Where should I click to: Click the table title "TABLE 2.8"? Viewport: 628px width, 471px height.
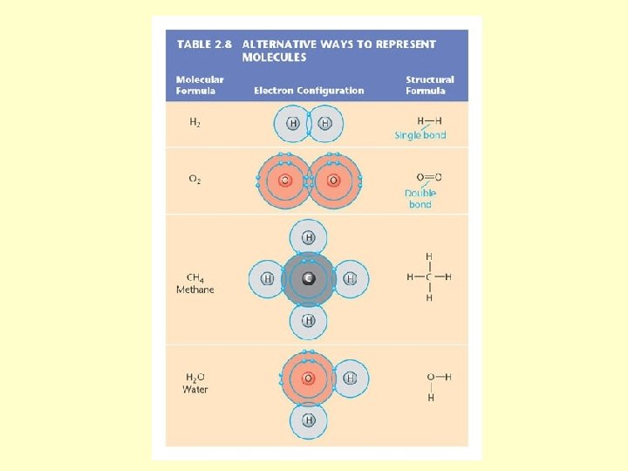[x=206, y=44]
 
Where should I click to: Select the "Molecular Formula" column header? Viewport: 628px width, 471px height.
[x=201, y=85]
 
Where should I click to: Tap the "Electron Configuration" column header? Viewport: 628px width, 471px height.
[x=309, y=90]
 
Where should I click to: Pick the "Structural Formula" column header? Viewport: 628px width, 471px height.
[x=429, y=85]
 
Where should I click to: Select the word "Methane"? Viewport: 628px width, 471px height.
[x=195, y=290]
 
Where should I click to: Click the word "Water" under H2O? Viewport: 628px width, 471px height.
[x=195, y=389]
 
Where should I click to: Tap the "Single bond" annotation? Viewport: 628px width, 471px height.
[x=420, y=135]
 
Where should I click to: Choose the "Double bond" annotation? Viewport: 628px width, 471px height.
[x=420, y=198]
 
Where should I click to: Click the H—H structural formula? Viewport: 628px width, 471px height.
[x=429, y=121]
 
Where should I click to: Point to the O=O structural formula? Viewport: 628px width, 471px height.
[x=428, y=177]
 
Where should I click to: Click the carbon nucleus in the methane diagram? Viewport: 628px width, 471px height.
[x=308, y=278]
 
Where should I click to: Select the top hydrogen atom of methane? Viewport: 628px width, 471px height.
[x=308, y=237]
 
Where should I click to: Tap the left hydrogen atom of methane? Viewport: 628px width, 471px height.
[x=268, y=279]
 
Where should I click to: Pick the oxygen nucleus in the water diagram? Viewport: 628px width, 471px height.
[x=308, y=378]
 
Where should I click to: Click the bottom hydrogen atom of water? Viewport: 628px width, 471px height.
[x=308, y=420]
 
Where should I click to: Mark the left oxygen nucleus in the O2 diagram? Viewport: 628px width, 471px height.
[x=284, y=181]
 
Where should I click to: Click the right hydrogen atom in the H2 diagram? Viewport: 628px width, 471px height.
[x=325, y=124]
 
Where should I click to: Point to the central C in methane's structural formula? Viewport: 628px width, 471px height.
[x=429, y=277]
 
